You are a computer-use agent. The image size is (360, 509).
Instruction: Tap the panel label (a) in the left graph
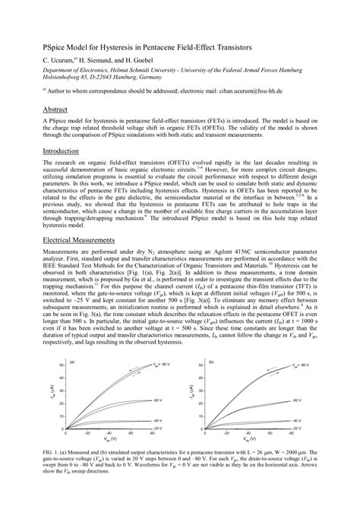coord(71,364)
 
